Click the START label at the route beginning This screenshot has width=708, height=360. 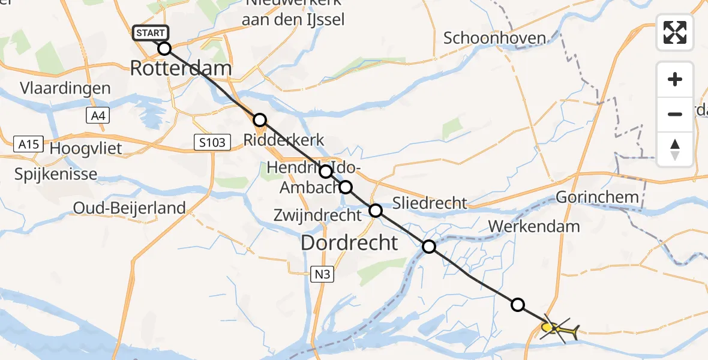tap(151, 33)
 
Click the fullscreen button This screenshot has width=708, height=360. tap(675, 32)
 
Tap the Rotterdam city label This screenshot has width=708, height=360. tap(181, 68)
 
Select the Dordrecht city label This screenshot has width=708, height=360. tap(349, 242)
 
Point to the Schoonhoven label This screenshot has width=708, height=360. tap(494, 38)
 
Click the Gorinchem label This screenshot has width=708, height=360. tap(598, 197)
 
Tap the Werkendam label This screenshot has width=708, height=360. tap(534, 226)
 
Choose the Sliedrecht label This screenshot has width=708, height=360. tap(430, 202)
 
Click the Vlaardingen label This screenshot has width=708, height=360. tap(65, 88)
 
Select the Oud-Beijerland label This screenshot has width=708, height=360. tap(129, 208)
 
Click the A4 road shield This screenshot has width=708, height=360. tap(98, 116)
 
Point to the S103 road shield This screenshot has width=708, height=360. tap(213, 143)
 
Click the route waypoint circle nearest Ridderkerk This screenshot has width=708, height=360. tap(259, 119)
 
